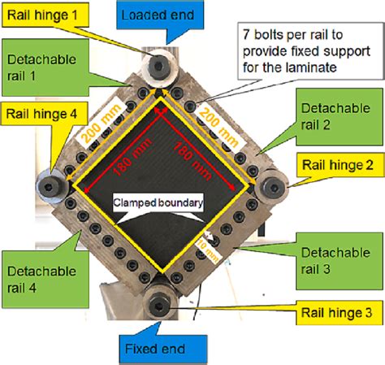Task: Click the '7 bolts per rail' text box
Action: (301, 51)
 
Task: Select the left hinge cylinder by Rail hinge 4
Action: (58, 186)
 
